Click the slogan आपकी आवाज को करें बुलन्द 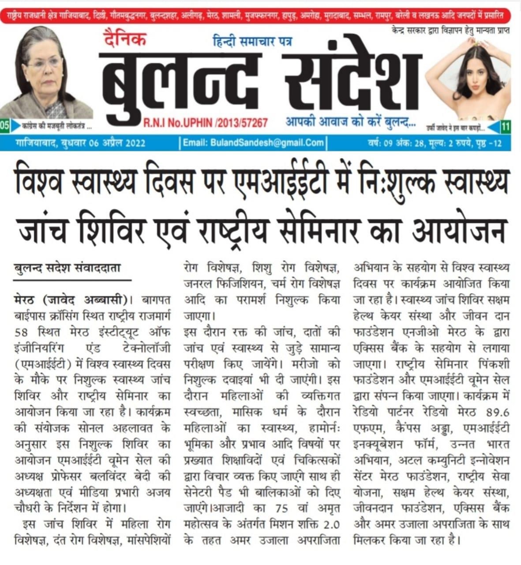(350, 121)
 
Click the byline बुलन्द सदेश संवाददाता (67, 269)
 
